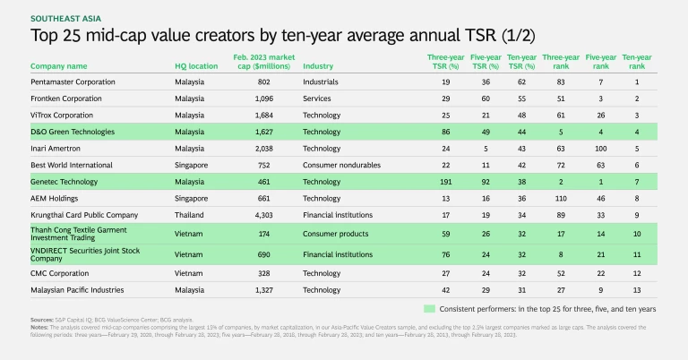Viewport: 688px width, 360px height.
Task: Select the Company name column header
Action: click(x=59, y=65)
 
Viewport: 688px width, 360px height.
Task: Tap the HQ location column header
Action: click(x=195, y=65)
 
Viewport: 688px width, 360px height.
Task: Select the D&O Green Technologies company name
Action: click(x=73, y=132)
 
